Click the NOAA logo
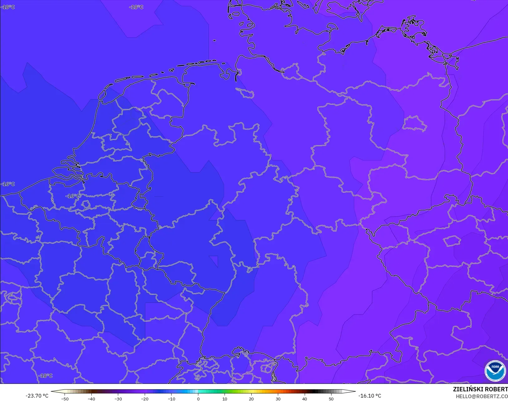pos(495,371)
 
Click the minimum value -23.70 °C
pos(37,396)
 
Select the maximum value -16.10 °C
pos(370,396)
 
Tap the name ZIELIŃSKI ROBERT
pos(480,389)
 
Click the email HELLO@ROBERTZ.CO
pos(481,396)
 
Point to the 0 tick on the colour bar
pos(198,399)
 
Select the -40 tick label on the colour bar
pos(91,399)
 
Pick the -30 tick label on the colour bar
pos(118,399)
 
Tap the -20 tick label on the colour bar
pos(145,399)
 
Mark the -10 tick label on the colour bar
pos(171,399)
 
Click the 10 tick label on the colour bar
pos(225,399)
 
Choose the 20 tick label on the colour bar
pos(251,399)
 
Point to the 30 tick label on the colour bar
pos(278,399)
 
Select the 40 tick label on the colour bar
pos(305,399)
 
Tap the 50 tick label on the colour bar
pos(331,399)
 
